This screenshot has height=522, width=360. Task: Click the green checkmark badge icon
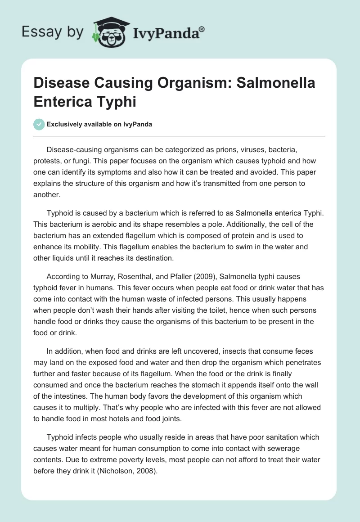click(39, 124)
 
